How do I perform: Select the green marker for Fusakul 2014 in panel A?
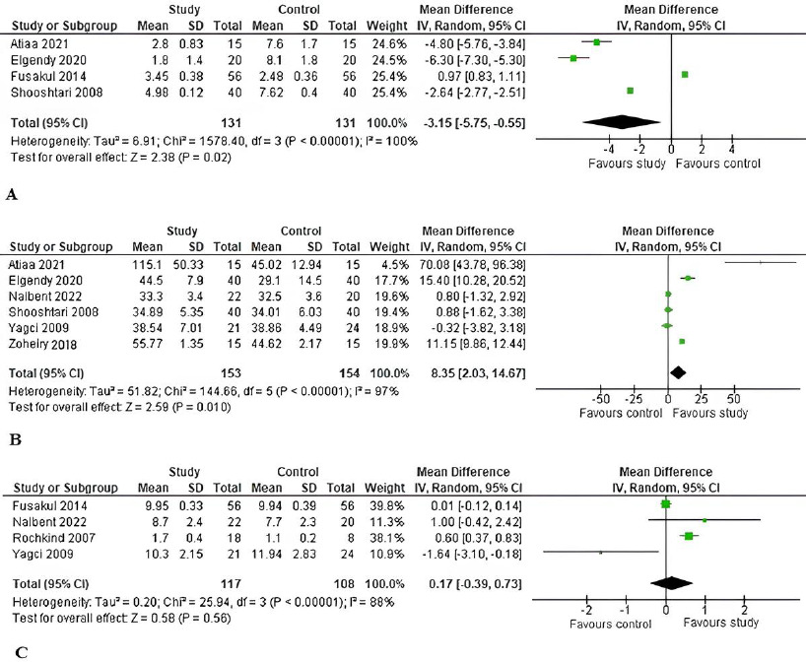[x=685, y=74]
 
